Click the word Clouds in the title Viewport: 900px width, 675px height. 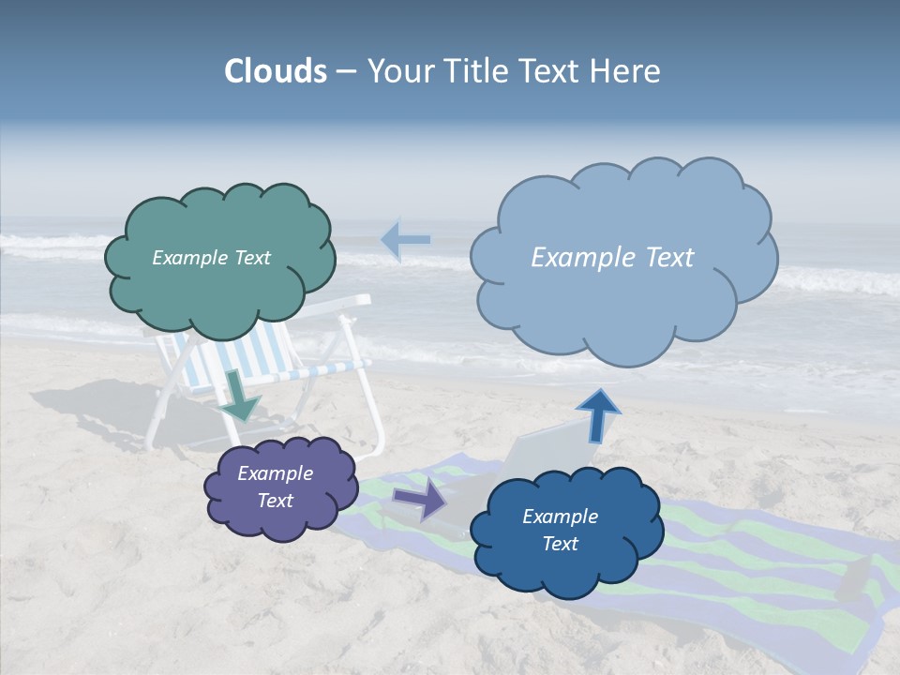point(276,71)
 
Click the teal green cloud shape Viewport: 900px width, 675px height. point(218,258)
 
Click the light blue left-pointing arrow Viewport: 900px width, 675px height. point(405,240)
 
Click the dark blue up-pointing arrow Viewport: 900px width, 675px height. point(597,415)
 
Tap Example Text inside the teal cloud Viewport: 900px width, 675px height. point(211,258)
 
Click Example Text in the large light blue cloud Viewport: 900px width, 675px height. point(612,258)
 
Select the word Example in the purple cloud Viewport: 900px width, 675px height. point(275,473)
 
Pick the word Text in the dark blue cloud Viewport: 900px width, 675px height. point(560,544)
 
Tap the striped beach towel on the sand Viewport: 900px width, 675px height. point(750,562)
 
